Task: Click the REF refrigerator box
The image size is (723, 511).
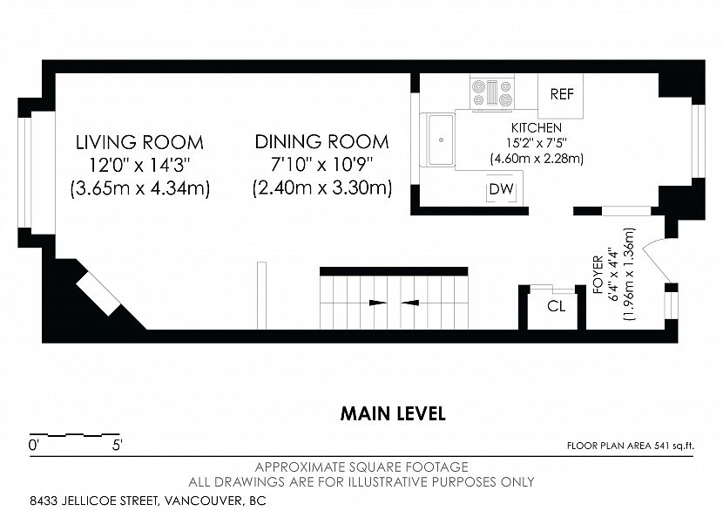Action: pos(560,96)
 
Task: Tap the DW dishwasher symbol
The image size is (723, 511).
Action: pos(501,189)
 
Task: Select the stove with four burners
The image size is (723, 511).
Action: pos(492,92)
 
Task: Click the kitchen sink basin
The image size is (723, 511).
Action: pos(442,139)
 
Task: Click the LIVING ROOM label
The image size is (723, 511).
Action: pos(139,142)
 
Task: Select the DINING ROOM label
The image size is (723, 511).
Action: pos(321,142)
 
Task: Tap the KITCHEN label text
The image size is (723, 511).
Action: pos(537,127)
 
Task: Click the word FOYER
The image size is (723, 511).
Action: pos(598,275)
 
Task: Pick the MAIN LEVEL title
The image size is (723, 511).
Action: pos(393,413)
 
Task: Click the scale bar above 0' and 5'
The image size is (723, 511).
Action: pos(75,435)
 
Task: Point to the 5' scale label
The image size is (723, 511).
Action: pos(117,446)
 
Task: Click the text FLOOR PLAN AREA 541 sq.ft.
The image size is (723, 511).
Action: pos(631,446)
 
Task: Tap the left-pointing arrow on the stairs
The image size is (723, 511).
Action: pos(410,303)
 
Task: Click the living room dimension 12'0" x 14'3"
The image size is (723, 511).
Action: pos(139,165)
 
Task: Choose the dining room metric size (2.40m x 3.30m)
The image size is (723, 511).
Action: pos(322,188)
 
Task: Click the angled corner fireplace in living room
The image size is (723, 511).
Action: pos(98,294)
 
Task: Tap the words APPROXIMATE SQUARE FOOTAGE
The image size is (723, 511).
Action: pos(361,467)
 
